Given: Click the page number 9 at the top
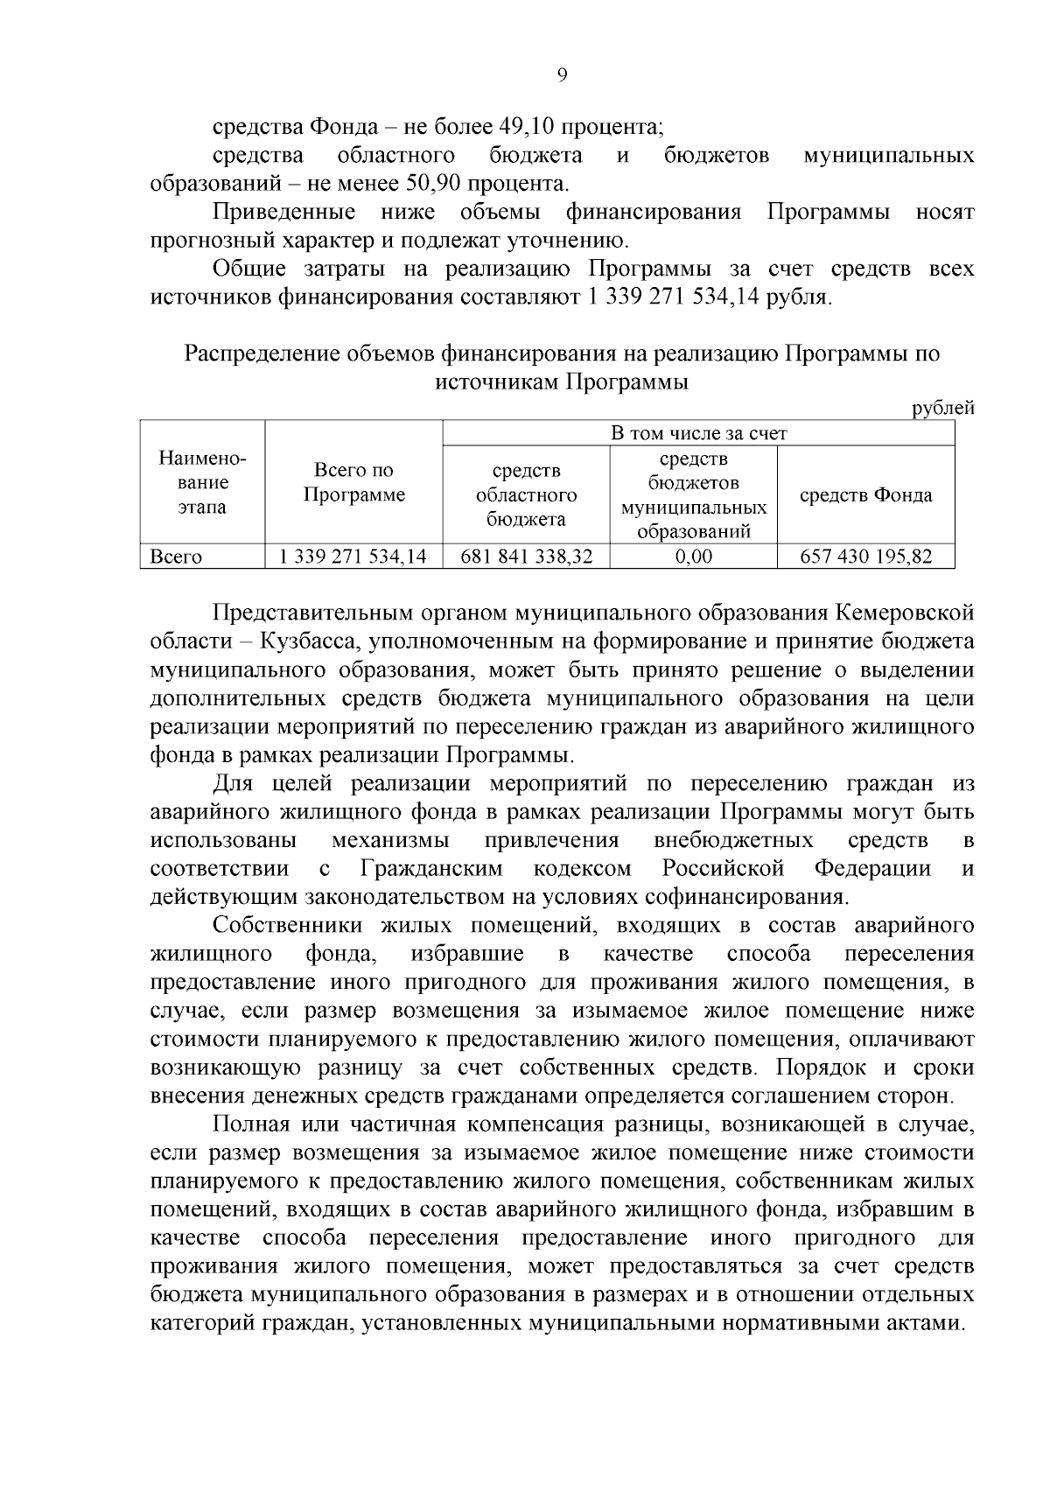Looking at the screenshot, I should [x=562, y=75].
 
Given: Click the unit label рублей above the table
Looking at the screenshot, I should [x=942, y=408].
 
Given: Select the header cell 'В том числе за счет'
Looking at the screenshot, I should [x=697, y=433].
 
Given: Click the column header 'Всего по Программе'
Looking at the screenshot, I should [x=354, y=483].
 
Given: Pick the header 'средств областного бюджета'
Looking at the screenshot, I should [x=526, y=495].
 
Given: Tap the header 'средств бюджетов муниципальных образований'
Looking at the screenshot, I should [x=693, y=495].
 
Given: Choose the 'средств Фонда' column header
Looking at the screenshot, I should [x=865, y=495].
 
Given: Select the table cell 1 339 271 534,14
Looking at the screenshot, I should [x=353, y=557].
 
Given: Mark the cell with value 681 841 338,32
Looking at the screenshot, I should [x=526, y=557].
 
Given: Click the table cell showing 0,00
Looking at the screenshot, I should [x=693, y=557].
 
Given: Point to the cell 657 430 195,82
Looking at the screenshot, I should [x=865, y=557].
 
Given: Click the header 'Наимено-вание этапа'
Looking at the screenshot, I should [x=202, y=483].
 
